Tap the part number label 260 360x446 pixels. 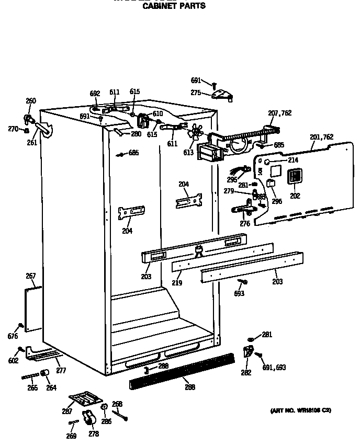click(31, 101)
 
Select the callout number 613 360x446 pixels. click(188, 153)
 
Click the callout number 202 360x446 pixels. click(295, 196)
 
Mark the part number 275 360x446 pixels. click(196, 93)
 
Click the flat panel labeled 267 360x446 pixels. click(33, 309)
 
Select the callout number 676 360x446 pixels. click(13, 336)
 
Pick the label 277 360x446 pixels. click(61, 371)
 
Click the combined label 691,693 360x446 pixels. click(274, 368)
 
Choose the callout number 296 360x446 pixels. click(276, 201)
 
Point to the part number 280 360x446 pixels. click(136, 134)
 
